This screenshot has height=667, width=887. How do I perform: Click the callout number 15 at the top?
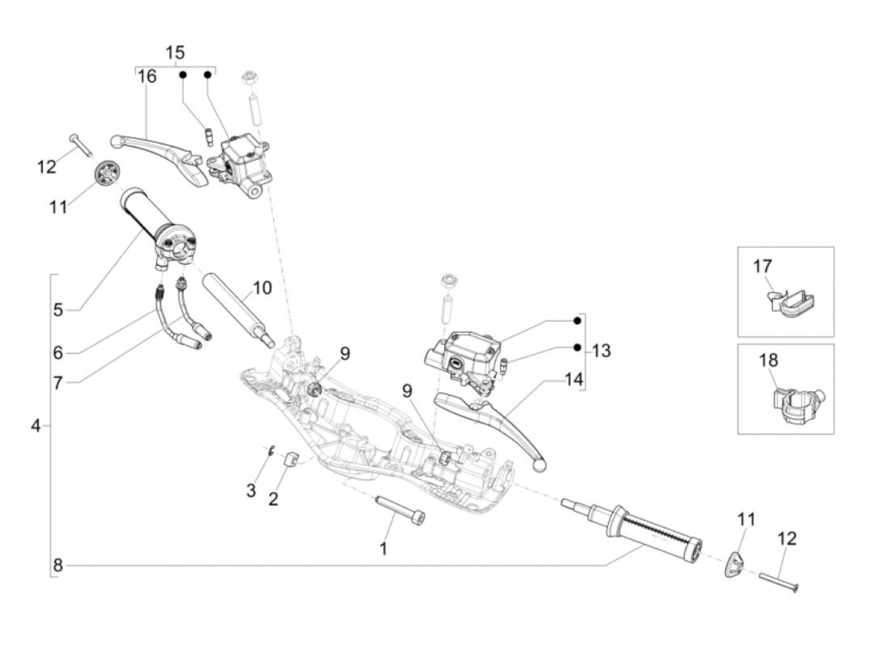coord(175,52)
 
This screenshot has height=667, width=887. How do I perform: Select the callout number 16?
coord(146,77)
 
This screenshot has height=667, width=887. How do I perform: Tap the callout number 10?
coord(262,288)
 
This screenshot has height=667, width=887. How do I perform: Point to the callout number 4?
coord(35,426)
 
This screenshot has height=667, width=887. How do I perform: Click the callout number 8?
coord(58,565)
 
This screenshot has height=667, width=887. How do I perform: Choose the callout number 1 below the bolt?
coord(383,548)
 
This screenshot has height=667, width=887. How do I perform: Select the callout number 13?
coord(601,350)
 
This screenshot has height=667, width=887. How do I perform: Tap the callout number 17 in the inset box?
coord(762,266)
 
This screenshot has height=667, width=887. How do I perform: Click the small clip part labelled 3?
coord(270,451)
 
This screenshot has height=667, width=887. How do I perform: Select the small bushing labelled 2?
coord(291,459)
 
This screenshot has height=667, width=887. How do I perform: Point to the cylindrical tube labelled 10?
coord(238,308)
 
